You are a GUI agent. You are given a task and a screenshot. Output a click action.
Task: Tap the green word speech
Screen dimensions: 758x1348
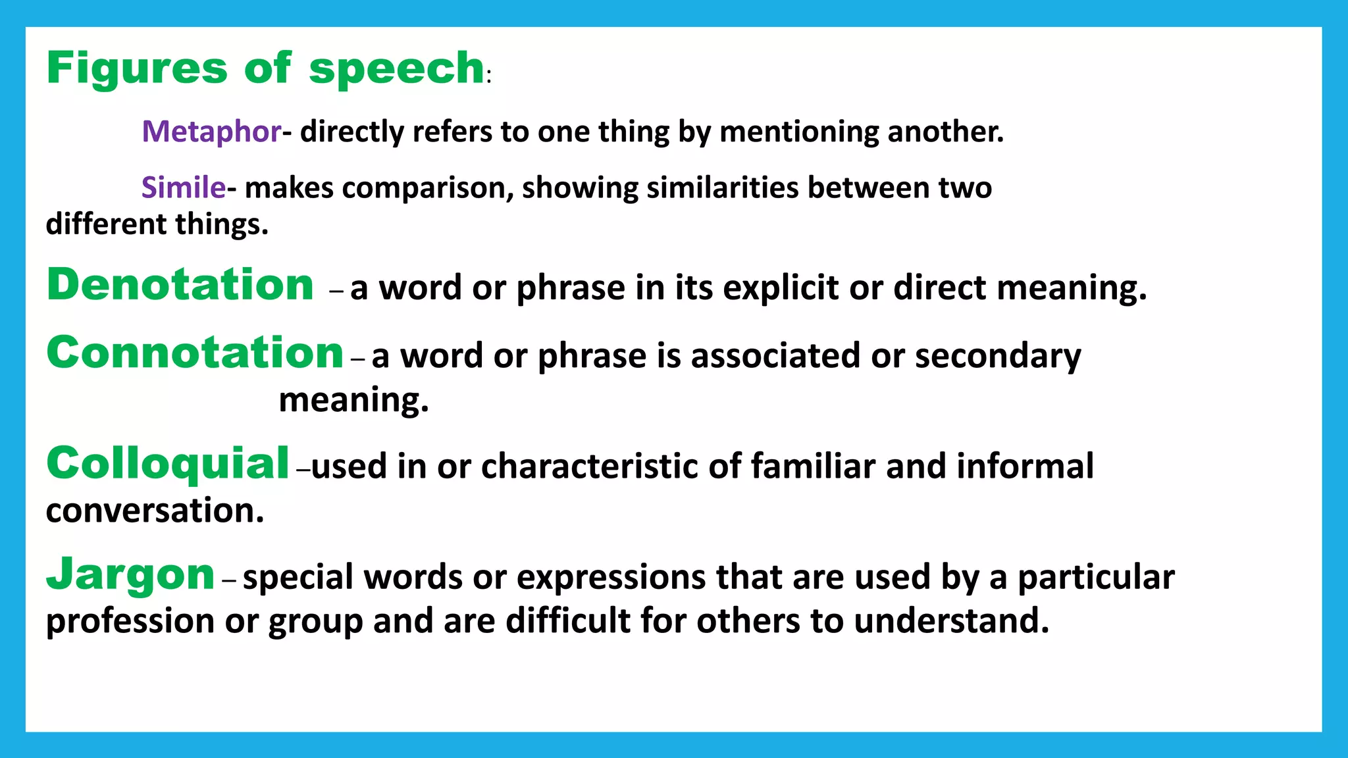pyautogui.click(x=397, y=68)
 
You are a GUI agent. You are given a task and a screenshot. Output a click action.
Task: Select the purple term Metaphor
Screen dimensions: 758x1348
pyautogui.click(x=211, y=132)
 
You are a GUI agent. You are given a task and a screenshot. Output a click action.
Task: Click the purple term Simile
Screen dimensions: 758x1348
pyautogui.click(x=184, y=188)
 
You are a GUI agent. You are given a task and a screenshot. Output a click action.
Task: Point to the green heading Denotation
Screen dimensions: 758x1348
pyautogui.click(x=180, y=285)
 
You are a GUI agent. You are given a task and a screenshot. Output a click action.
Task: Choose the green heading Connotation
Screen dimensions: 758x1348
pyautogui.click(x=195, y=353)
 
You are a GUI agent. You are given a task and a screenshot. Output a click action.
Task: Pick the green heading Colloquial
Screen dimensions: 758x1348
pyautogui.click(x=168, y=463)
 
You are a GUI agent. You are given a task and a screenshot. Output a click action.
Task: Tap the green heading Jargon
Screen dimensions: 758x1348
pyautogui.click(x=130, y=574)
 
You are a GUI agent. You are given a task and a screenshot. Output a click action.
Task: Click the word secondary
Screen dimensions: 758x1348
pyautogui.click(x=997, y=356)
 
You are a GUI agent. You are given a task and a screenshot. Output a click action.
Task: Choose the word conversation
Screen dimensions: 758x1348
pyautogui.click(x=155, y=511)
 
